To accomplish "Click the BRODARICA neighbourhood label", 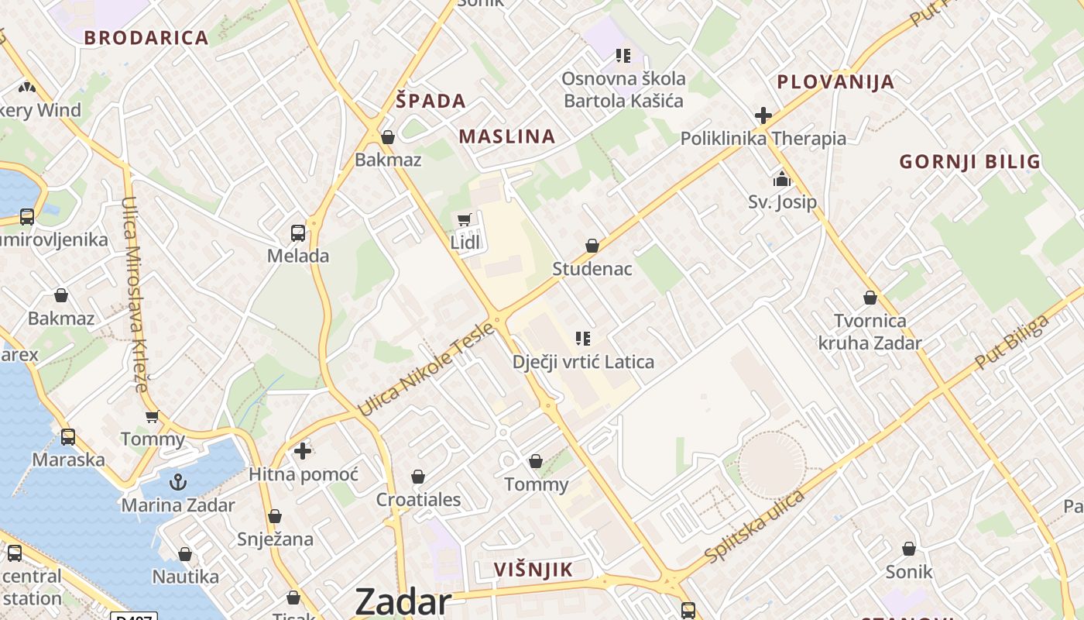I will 146,37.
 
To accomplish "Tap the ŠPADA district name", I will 431,100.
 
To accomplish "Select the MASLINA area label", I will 507,136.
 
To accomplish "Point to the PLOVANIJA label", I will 835,81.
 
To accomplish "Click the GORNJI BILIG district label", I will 969,161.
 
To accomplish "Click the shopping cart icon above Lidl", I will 465,220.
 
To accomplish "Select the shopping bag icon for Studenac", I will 592,246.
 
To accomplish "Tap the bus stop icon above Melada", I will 298,232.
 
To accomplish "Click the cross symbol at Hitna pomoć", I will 303,450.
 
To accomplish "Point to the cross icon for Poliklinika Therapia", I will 763,116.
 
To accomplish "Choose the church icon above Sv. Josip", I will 782,180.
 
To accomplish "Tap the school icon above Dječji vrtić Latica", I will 583,338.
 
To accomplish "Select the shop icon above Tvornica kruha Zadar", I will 870,298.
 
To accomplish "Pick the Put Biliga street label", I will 1012,341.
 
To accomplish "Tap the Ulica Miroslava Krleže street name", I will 134,294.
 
